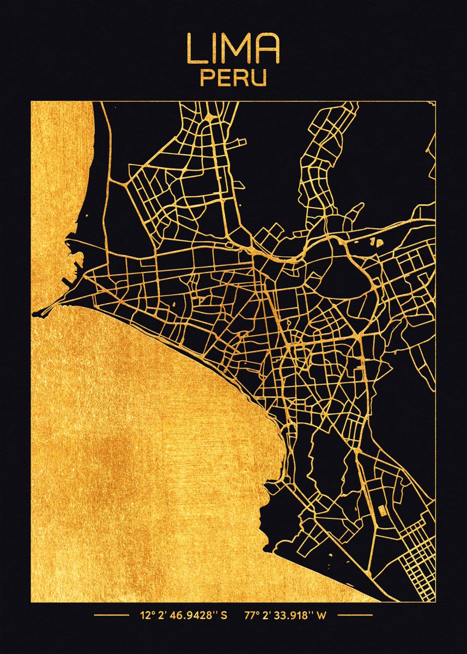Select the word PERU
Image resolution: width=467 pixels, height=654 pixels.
[234, 77]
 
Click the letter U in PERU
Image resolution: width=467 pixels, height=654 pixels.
[260, 77]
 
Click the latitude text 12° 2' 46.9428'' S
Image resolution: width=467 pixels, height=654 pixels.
[183, 616]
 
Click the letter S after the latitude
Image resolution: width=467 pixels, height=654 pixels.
[224, 616]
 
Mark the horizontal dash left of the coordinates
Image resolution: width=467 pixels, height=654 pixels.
[111, 616]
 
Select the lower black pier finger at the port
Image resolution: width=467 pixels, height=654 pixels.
[68, 283]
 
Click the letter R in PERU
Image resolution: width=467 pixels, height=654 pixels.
[242, 77]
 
